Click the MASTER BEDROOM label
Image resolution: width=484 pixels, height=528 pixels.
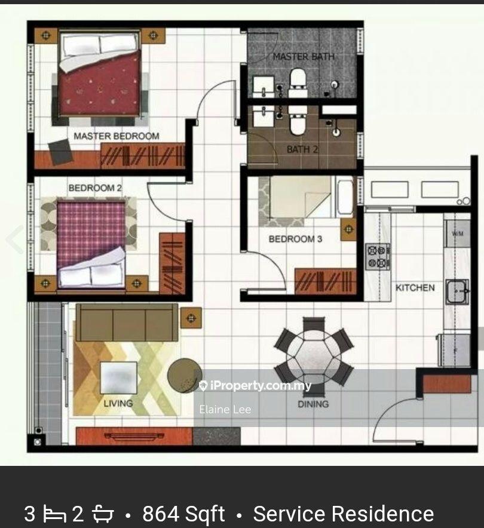click(117, 136)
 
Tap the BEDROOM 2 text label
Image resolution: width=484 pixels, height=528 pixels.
click(95, 188)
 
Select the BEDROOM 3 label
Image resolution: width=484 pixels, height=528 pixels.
click(295, 239)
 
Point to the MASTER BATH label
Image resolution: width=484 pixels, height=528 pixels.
click(304, 57)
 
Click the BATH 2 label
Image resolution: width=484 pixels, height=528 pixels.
click(302, 149)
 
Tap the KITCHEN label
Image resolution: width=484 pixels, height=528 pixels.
click(415, 287)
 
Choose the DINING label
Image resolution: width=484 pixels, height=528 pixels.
click(313, 404)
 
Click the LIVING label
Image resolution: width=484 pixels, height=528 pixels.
click(118, 403)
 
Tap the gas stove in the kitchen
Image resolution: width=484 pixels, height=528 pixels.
click(378, 256)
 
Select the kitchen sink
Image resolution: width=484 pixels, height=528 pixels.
click(457, 292)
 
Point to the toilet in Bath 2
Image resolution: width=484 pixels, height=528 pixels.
click(298, 122)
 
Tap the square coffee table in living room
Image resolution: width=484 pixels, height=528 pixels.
click(118, 377)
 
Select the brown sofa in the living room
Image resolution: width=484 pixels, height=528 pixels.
click(127, 323)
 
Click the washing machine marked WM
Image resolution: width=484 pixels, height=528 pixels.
click(458, 233)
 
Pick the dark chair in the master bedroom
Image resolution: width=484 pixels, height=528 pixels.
click(60, 152)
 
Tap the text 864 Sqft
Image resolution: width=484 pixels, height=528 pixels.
click(183, 514)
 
